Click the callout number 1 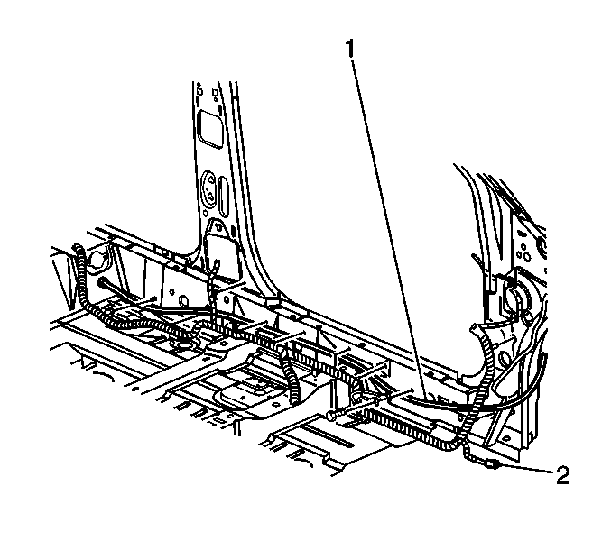[x=351, y=49]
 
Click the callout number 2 [x=562, y=475]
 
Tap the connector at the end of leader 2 [x=493, y=463]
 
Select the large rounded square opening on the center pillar [x=210, y=129]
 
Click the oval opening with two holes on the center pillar [x=209, y=188]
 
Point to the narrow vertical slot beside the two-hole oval [x=223, y=196]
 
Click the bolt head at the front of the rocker [x=331, y=416]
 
